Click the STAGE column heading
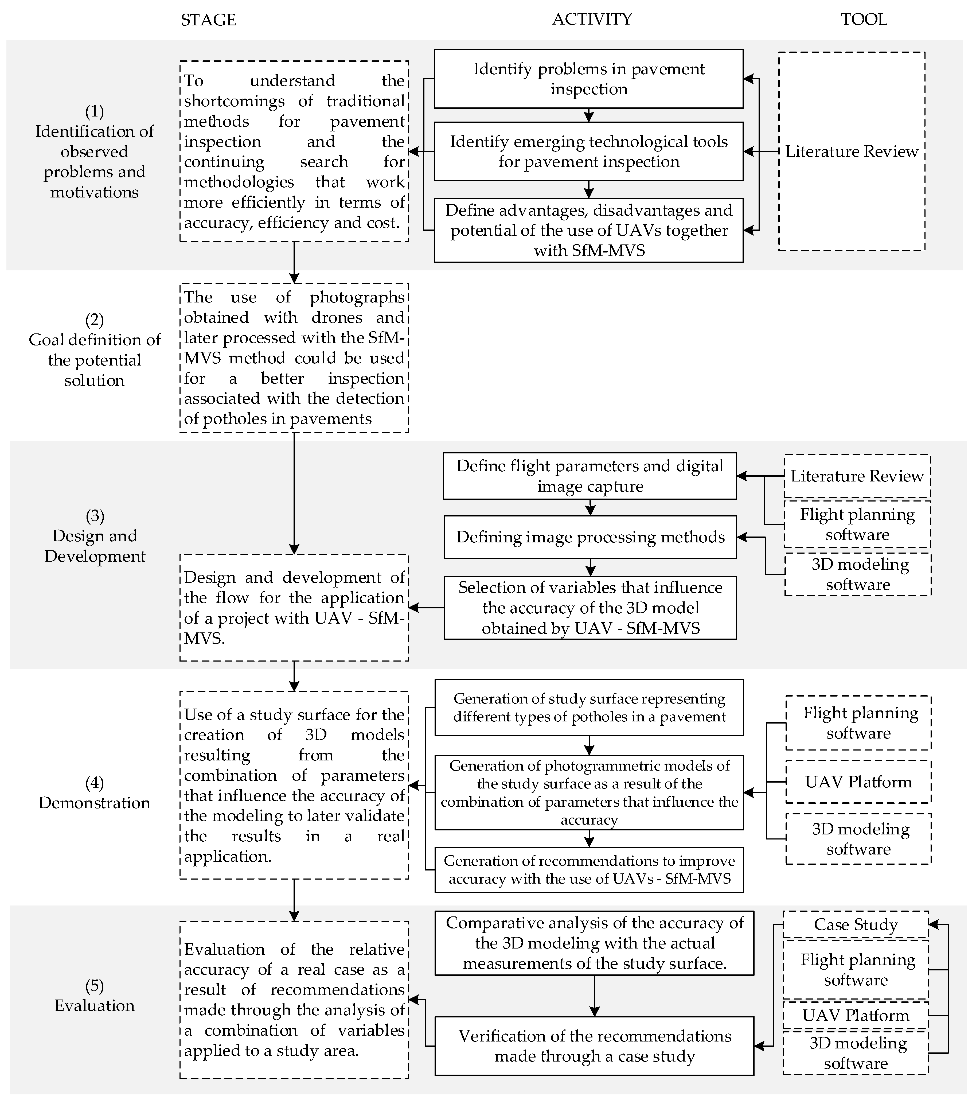coord(208,20)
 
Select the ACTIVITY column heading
coord(592,20)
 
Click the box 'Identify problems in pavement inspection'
coord(589,79)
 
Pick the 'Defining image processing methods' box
coord(590,537)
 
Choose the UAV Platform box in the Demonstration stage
coord(858,782)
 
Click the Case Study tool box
coord(856,924)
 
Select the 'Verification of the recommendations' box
coord(594,1046)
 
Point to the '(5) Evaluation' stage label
coord(95,996)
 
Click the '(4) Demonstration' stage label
coord(95,793)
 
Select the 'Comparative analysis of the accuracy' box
coord(594,943)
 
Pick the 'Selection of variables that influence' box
coord(590,608)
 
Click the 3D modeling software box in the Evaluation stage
coord(856,1053)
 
